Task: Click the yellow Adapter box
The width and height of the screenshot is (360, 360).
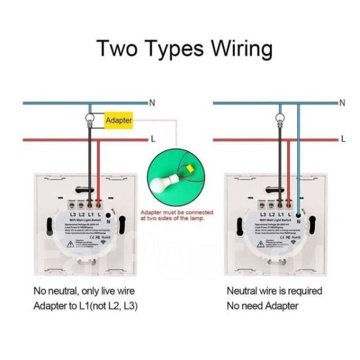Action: tap(118, 121)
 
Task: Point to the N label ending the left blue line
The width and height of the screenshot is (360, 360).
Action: tap(152, 103)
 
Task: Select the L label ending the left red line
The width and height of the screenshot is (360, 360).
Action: tap(153, 139)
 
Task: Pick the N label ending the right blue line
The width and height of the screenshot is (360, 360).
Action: tap(343, 103)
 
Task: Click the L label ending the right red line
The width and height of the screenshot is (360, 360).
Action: tap(343, 139)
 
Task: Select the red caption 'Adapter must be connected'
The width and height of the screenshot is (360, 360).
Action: tap(176, 212)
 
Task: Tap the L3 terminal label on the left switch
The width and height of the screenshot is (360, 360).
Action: tap(73, 214)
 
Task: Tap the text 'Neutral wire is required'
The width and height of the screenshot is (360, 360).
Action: tap(274, 291)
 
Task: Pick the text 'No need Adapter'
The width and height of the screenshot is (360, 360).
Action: tap(262, 306)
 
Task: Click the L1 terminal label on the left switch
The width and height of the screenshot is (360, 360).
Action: tap(90, 214)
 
